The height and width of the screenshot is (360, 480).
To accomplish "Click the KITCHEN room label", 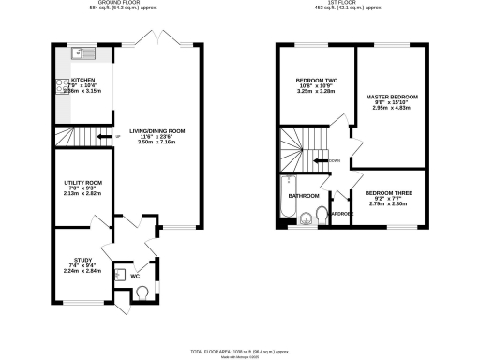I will (x=83, y=81).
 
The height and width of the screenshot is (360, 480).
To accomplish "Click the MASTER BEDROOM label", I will (x=393, y=97).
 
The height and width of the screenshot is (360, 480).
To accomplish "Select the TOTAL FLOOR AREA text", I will (x=240, y=349).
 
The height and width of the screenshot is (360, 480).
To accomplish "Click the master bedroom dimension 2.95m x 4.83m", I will (x=393, y=110).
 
